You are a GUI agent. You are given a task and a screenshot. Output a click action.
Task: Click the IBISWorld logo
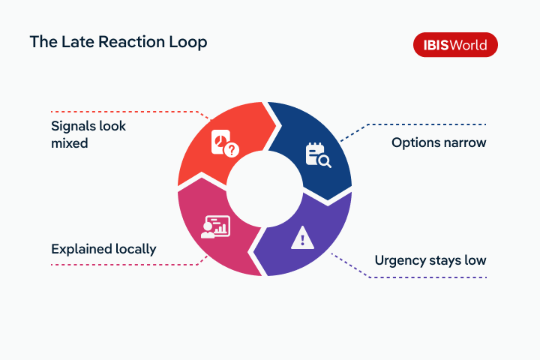[455, 45]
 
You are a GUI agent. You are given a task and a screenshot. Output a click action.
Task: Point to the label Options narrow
[439, 142]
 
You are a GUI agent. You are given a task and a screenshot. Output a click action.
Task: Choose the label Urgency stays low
[430, 260]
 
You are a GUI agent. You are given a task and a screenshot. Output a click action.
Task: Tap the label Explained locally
[103, 248]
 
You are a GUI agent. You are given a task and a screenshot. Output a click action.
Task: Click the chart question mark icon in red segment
[224, 145]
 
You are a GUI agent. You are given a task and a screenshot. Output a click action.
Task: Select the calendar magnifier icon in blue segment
[318, 154]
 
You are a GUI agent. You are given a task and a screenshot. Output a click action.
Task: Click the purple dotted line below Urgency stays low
[427, 277]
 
